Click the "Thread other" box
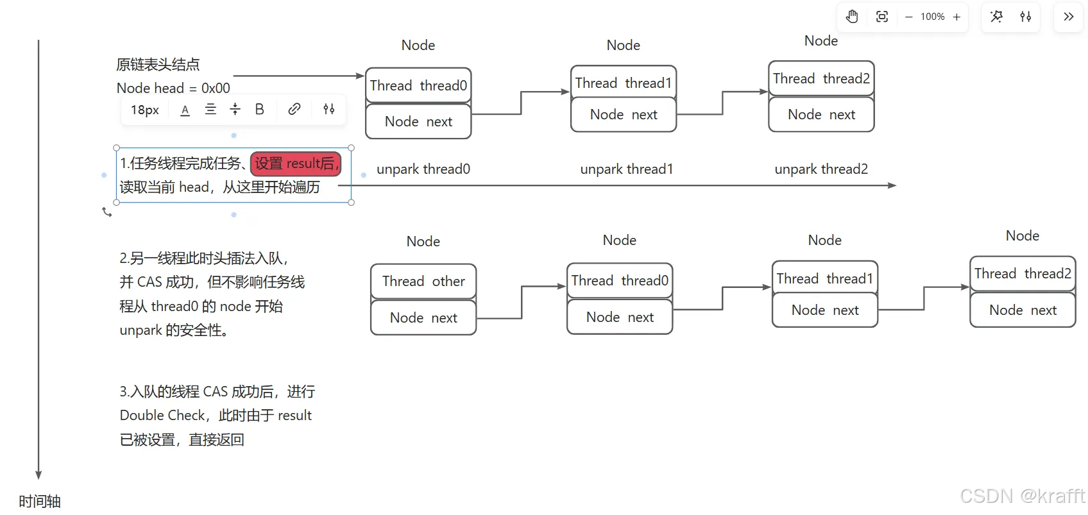(x=423, y=282)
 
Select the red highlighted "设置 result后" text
(x=296, y=164)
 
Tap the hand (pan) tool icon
(x=852, y=17)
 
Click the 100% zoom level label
(x=932, y=17)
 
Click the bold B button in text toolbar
(x=259, y=109)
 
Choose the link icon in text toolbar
(x=294, y=109)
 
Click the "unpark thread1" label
(x=627, y=169)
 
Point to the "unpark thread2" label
(x=821, y=169)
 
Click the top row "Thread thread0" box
(x=418, y=85)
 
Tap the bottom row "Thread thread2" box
(x=1023, y=274)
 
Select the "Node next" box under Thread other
(x=423, y=317)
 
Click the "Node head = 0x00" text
(x=173, y=89)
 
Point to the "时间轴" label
(x=40, y=502)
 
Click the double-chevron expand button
(x=1069, y=17)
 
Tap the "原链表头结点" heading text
(x=158, y=65)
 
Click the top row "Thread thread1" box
(x=623, y=83)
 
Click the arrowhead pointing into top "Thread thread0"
(x=360, y=76)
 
